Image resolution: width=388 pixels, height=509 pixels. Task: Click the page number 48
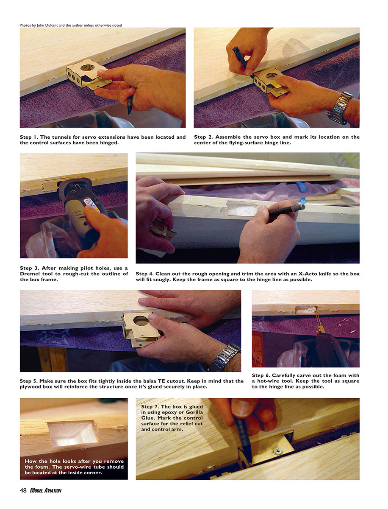coord(23,490)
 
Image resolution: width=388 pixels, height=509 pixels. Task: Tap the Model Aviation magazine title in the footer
coord(46,490)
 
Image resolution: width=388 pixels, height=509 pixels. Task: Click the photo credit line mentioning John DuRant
coord(71,25)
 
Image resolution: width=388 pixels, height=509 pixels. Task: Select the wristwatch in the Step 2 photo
coord(340,107)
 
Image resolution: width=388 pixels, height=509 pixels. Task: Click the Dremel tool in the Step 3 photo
coord(81,209)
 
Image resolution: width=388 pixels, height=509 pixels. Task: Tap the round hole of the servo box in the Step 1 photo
coord(88,67)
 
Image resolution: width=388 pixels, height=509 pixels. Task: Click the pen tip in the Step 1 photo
coord(129,113)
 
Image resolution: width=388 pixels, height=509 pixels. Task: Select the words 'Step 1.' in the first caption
coord(29,137)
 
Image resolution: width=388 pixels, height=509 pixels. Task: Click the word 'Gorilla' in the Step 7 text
coord(194,412)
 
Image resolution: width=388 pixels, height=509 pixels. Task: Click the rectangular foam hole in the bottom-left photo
coord(73,433)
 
